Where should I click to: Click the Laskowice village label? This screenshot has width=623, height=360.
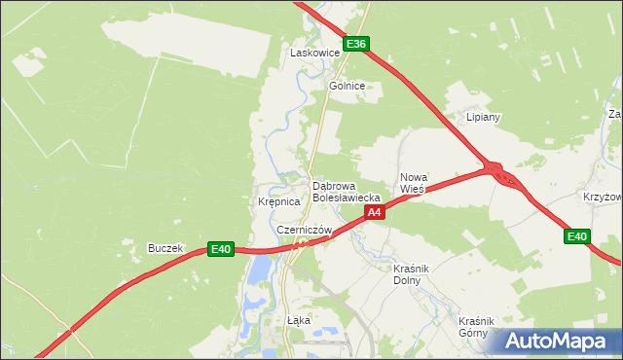(x=314, y=53)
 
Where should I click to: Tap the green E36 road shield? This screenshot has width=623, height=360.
(x=356, y=44)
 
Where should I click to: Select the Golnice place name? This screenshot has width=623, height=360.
(x=347, y=86)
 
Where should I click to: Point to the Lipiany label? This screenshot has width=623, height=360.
(x=483, y=117)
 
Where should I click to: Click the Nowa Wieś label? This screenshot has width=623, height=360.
(x=414, y=183)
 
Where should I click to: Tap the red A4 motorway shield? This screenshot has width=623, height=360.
(x=376, y=210)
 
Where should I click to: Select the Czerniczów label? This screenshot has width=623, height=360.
(x=304, y=230)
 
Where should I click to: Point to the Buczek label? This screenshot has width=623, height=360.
(x=165, y=248)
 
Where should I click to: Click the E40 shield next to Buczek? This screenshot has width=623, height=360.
(x=221, y=250)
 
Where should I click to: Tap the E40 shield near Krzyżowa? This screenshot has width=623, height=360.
(x=577, y=236)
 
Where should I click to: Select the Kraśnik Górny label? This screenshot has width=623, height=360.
(x=479, y=326)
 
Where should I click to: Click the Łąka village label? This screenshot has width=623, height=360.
(x=298, y=319)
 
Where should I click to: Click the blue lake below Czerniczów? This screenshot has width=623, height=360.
(x=256, y=269)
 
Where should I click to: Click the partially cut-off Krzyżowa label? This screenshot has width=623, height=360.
(x=603, y=196)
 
